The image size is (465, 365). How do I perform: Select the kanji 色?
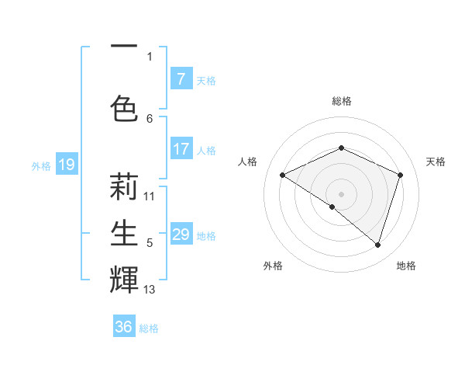[x=125, y=108]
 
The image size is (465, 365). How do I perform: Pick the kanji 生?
[x=125, y=232]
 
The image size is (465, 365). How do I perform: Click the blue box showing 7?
[x=181, y=79]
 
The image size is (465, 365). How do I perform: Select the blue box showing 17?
[x=181, y=149]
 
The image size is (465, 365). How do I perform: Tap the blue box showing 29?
[x=181, y=235]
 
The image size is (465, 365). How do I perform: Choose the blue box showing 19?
[x=66, y=165]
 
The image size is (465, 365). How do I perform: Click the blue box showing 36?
[x=124, y=327]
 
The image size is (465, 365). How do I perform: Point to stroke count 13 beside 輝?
[x=150, y=290]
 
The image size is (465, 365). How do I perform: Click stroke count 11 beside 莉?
[x=150, y=196]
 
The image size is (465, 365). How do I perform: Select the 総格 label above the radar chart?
[x=342, y=101]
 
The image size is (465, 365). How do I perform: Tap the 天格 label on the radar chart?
[x=436, y=162]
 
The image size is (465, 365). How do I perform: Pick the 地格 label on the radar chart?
[x=406, y=266]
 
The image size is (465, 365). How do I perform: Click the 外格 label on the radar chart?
[x=273, y=266]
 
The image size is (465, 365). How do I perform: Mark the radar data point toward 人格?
[x=283, y=175]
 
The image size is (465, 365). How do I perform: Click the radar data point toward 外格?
[x=332, y=207]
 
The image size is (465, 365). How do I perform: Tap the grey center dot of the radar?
[x=341, y=193]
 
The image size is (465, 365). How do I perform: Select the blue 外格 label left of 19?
[x=40, y=165]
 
